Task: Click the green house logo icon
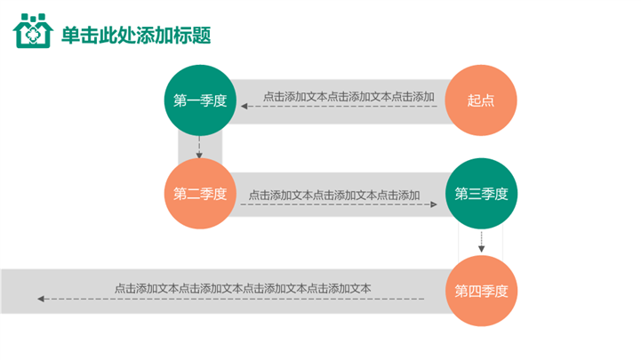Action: pyautogui.click(x=33, y=33)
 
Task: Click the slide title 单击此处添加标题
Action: pyautogui.click(x=135, y=36)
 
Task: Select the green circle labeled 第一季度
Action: pyautogui.click(x=200, y=100)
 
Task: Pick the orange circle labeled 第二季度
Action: pyautogui.click(x=200, y=194)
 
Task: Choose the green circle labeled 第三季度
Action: pyautogui.click(x=481, y=194)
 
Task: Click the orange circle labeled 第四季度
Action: pyautogui.click(x=481, y=291)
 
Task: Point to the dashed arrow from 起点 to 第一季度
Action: pyautogui.click(x=342, y=108)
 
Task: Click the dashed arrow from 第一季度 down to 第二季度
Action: pyautogui.click(x=200, y=148)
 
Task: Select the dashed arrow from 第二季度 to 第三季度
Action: pyautogui.click(x=338, y=204)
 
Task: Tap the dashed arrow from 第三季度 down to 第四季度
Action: pyautogui.click(x=481, y=241)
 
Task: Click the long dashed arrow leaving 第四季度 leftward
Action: pyautogui.click(x=231, y=299)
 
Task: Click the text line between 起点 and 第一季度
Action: pyautogui.click(x=349, y=96)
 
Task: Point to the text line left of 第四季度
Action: pyautogui.click(x=243, y=288)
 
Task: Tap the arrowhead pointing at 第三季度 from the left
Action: pyautogui.click(x=434, y=204)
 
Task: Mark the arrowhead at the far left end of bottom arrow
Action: pyautogui.click(x=41, y=299)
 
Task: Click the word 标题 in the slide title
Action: pyautogui.click(x=199, y=36)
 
